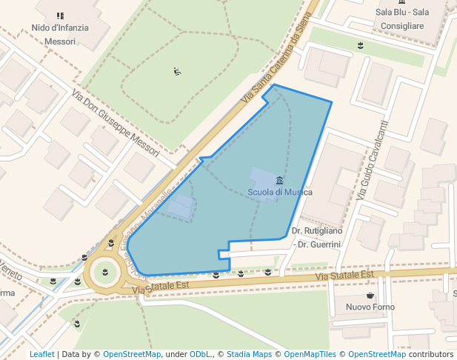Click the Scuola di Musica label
(x=279, y=193)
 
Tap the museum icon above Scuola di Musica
(x=279, y=181)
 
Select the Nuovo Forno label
(x=370, y=307)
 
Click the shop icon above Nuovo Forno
(x=370, y=296)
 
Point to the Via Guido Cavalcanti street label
(x=372, y=160)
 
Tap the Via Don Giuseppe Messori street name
(x=116, y=123)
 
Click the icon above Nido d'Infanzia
(x=60, y=16)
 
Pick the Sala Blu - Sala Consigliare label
(x=401, y=19)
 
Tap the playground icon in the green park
(x=177, y=72)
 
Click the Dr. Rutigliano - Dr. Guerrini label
(x=317, y=237)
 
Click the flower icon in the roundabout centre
(x=104, y=272)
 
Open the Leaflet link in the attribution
(x=42, y=354)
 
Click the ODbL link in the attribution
(x=200, y=354)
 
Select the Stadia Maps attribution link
(x=249, y=354)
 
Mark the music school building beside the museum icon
(x=263, y=179)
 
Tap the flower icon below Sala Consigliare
(x=361, y=46)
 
